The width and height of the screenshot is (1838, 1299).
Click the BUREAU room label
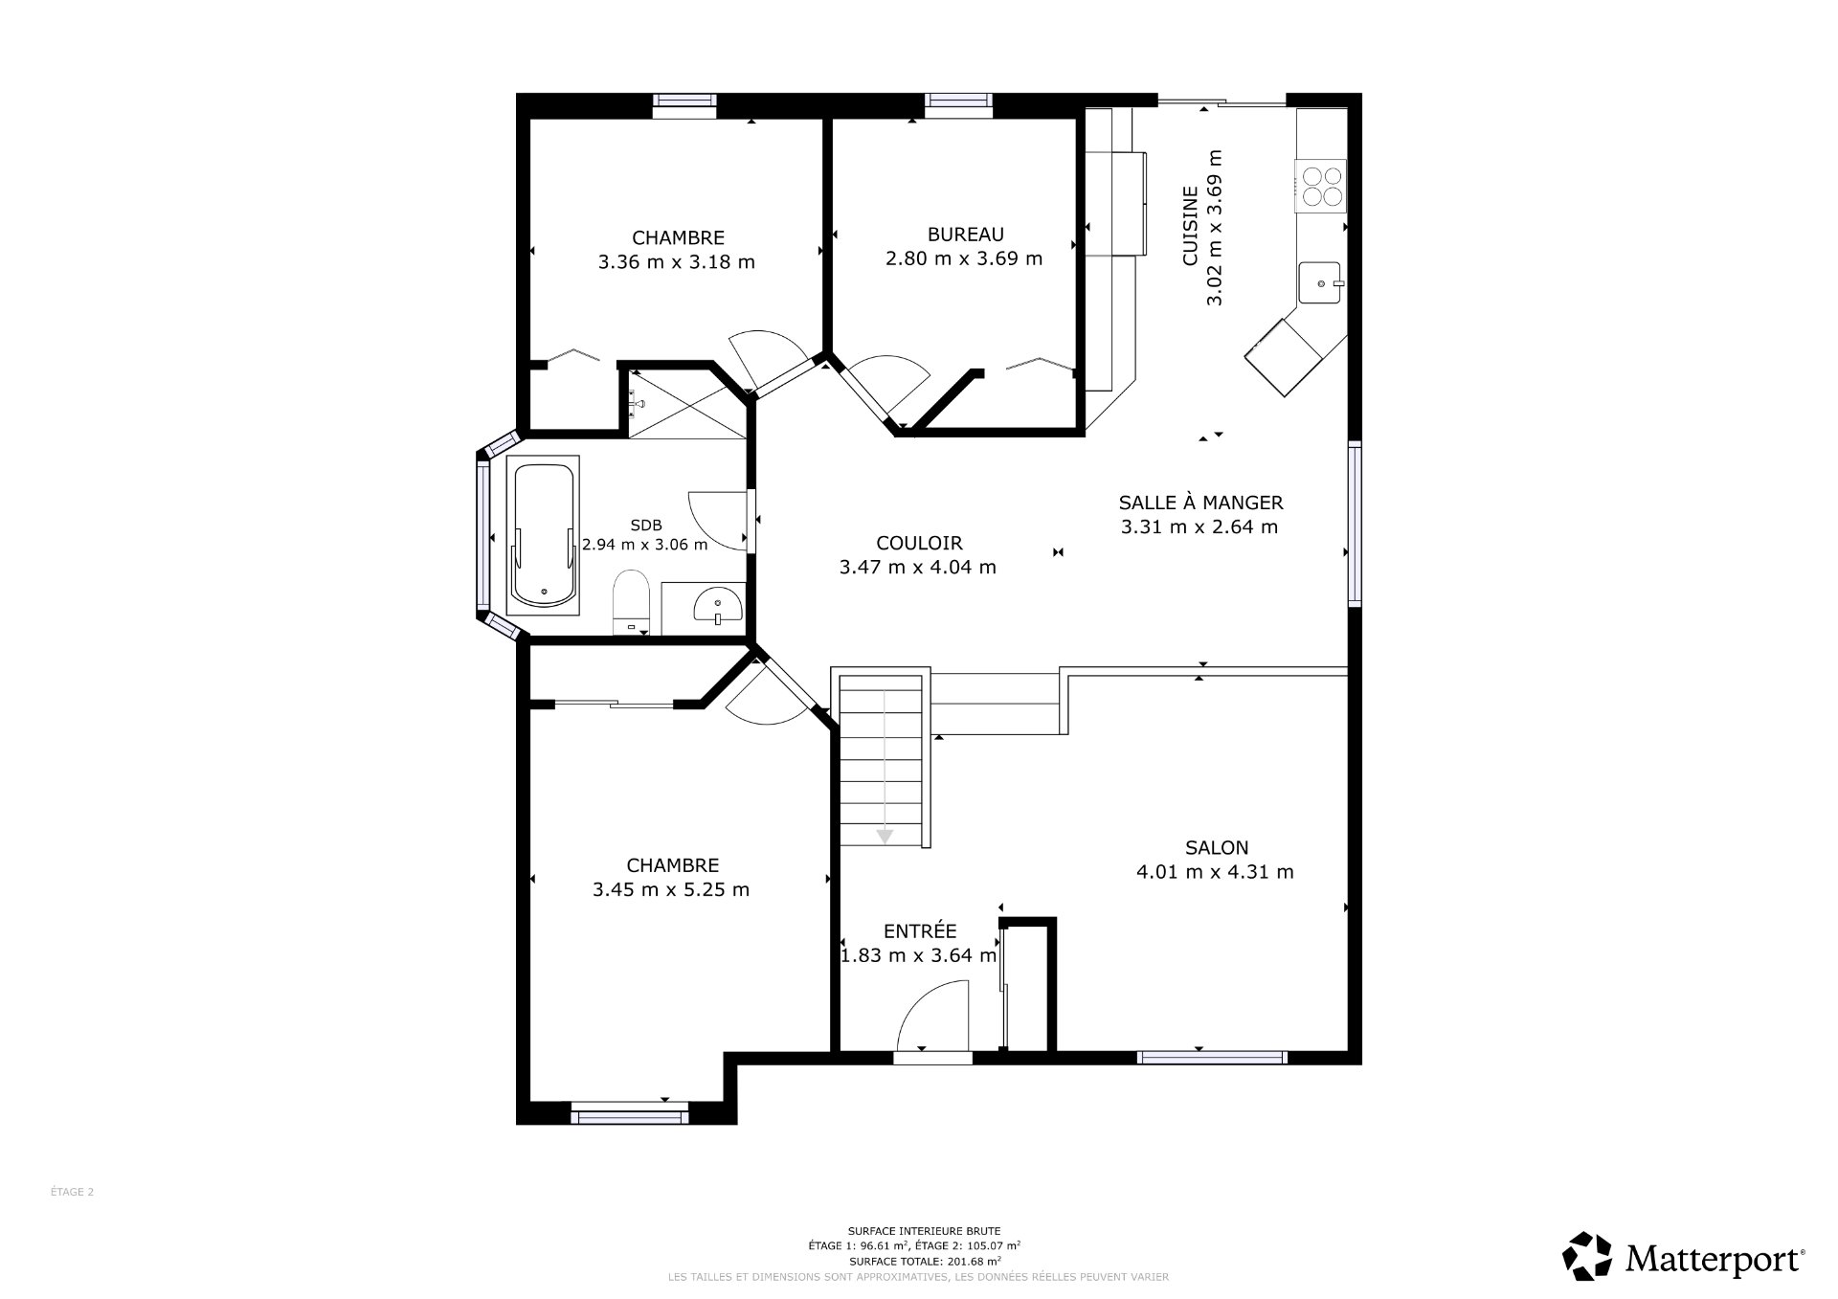[965, 235]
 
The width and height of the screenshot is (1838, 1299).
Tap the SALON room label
[1216, 847]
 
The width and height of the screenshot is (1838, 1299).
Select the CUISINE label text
[1190, 226]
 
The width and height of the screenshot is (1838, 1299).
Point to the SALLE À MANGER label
[1200, 503]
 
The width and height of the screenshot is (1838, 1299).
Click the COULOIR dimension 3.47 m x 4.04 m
[917, 568]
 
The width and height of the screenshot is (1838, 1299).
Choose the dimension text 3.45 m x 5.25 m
[670, 890]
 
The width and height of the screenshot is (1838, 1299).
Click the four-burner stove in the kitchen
[1320, 186]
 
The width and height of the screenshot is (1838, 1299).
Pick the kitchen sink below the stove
[1320, 283]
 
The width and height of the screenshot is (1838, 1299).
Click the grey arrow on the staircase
[885, 836]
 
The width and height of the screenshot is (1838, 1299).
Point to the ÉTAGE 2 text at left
[72, 1192]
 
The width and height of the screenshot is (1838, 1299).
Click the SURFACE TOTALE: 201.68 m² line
[924, 1262]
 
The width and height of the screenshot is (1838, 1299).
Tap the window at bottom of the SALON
[1211, 1058]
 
